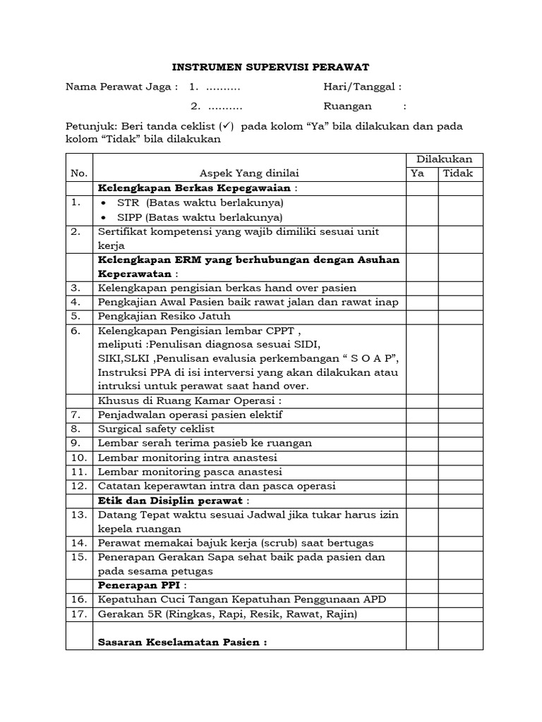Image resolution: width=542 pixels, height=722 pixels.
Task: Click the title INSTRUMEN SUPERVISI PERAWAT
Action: coord(272,68)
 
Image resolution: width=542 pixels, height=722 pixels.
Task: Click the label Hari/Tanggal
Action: coord(362,87)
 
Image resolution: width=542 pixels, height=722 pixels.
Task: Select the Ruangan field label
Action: coord(347,107)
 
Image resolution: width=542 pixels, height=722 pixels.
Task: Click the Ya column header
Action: coord(418,173)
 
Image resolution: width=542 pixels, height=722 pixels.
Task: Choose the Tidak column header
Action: coord(458,173)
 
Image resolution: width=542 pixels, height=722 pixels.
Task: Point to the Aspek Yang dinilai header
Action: coord(249,173)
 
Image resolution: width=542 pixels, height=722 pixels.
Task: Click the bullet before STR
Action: coord(104,202)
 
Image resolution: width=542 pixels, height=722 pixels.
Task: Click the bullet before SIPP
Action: coord(104,217)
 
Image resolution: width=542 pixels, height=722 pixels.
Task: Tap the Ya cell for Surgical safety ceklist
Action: coord(422,429)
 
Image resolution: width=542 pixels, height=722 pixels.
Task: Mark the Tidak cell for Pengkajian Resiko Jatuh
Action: coord(461,316)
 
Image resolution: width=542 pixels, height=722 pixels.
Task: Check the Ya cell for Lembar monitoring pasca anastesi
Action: coord(422,471)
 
